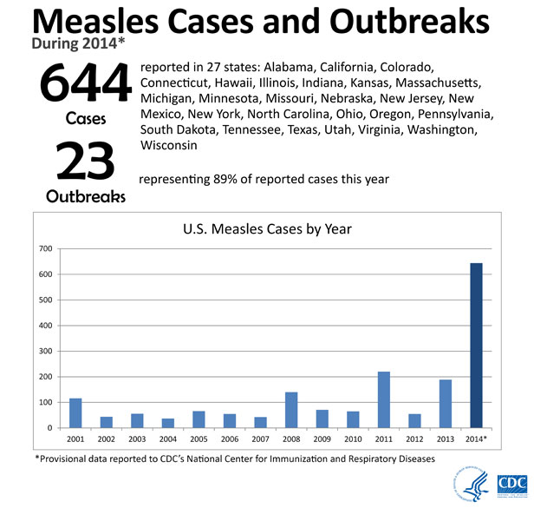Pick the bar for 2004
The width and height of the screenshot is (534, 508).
point(167,423)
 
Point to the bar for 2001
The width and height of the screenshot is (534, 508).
point(75,412)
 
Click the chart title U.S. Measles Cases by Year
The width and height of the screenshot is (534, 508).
point(266,230)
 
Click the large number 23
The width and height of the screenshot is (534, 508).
point(85,162)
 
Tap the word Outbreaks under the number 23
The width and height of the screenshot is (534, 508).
point(85,196)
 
